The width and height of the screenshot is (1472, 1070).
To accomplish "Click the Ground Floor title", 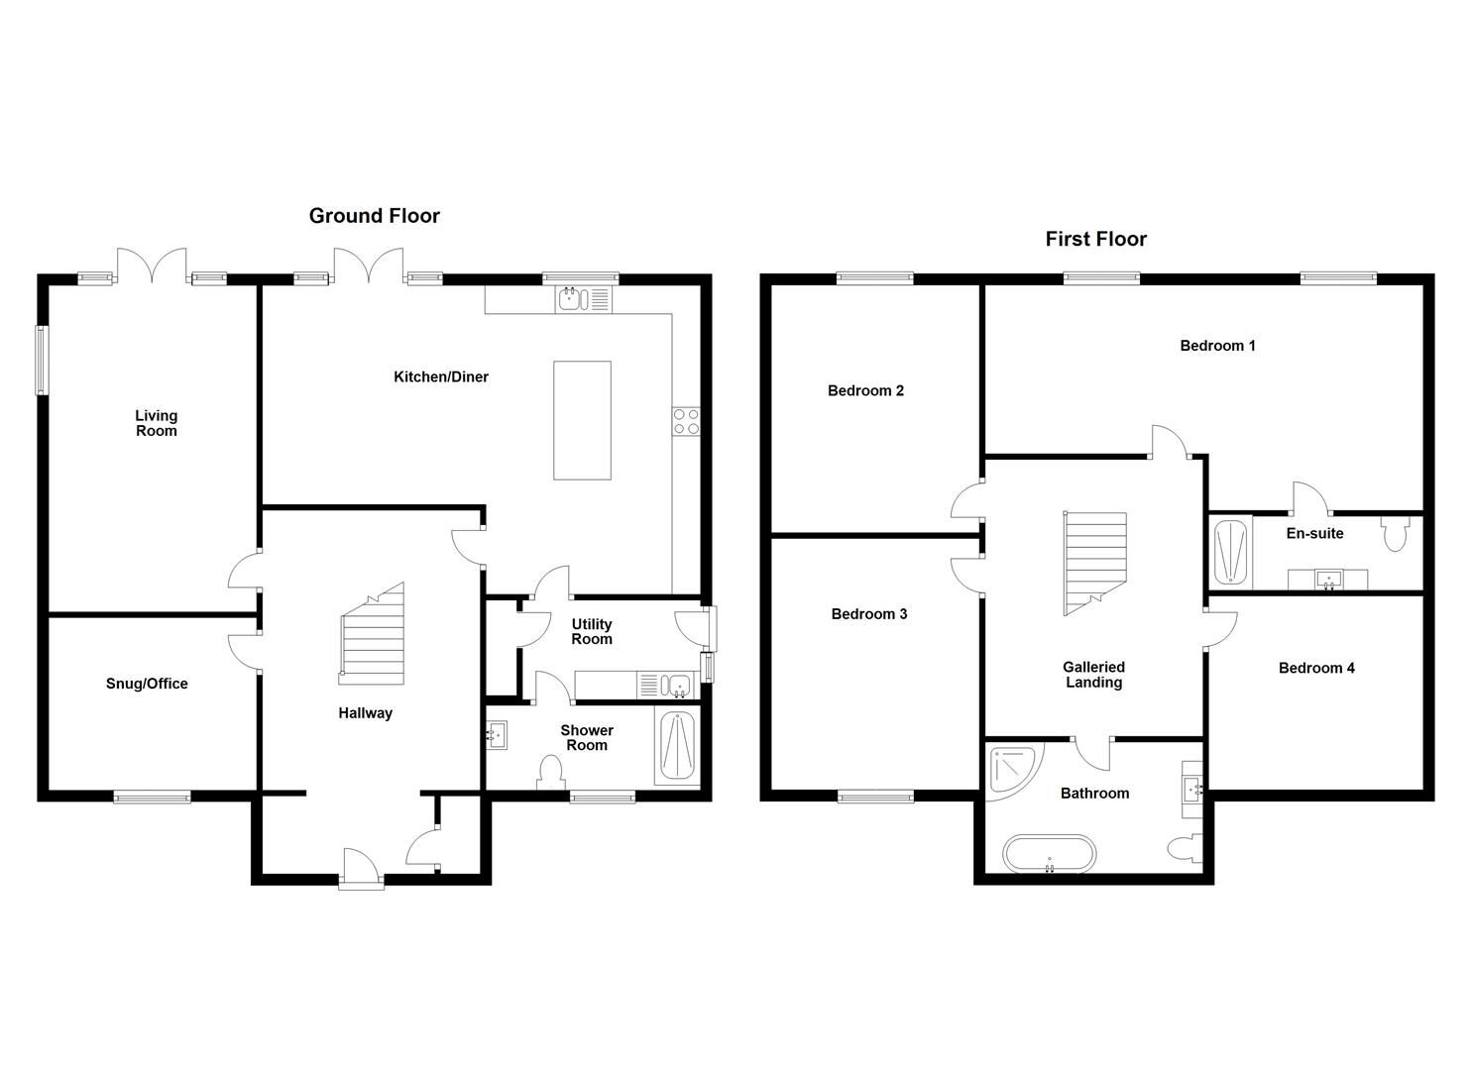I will [374, 216].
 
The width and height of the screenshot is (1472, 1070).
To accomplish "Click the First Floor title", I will [1095, 239].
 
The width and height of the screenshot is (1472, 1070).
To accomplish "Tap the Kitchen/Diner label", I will [441, 376].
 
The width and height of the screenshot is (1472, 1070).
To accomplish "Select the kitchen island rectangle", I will [582, 420].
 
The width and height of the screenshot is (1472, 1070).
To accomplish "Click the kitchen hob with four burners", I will [685, 421].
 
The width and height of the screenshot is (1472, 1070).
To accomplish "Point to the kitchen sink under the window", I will [571, 298].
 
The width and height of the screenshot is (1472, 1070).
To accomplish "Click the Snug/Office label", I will [147, 684].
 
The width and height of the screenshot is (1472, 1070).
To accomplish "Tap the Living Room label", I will [156, 423].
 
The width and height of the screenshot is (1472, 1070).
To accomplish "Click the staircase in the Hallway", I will [373, 636].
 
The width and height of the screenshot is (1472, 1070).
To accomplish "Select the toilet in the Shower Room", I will [550, 772].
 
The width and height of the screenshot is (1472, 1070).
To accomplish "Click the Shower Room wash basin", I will [496, 735].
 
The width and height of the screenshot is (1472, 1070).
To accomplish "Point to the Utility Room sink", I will [678, 684].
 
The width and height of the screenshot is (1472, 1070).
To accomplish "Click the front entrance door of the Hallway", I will [361, 870].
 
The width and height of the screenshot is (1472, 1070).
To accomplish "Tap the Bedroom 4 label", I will [1316, 668].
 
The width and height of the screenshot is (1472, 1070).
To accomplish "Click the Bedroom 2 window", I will [874, 278].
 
